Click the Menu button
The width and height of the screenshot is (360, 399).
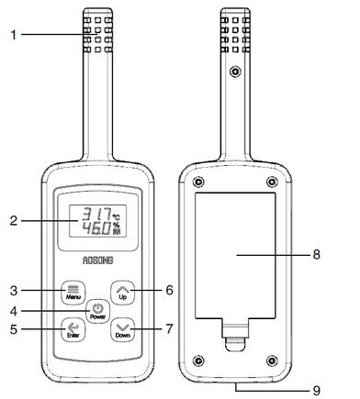73,292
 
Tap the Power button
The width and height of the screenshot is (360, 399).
97,311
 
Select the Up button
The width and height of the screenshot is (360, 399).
122,292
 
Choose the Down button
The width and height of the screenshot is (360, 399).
122,329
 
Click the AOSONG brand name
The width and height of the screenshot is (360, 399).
98,260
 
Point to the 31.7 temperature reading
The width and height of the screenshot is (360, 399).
96,214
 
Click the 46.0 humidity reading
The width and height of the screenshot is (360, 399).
96,228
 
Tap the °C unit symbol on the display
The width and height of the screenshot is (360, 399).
117,217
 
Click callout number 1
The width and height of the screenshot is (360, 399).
14,35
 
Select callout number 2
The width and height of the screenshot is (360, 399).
14,221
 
